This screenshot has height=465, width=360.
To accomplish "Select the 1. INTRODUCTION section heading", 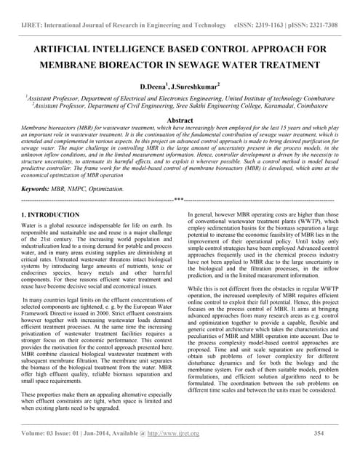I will [x=50, y=216].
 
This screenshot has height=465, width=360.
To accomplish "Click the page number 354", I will [x=318, y=454].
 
